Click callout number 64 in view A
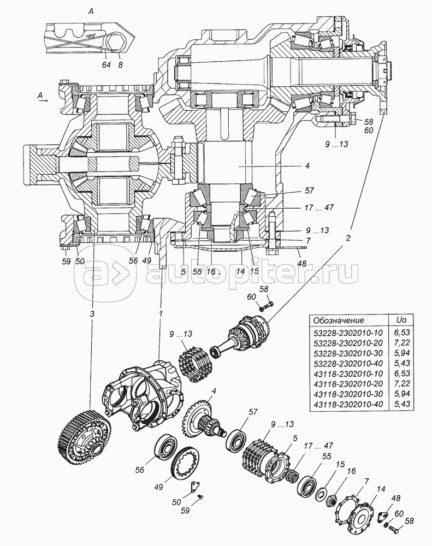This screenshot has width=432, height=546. click(x=106, y=64)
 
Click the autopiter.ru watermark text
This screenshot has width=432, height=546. click(x=251, y=271)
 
